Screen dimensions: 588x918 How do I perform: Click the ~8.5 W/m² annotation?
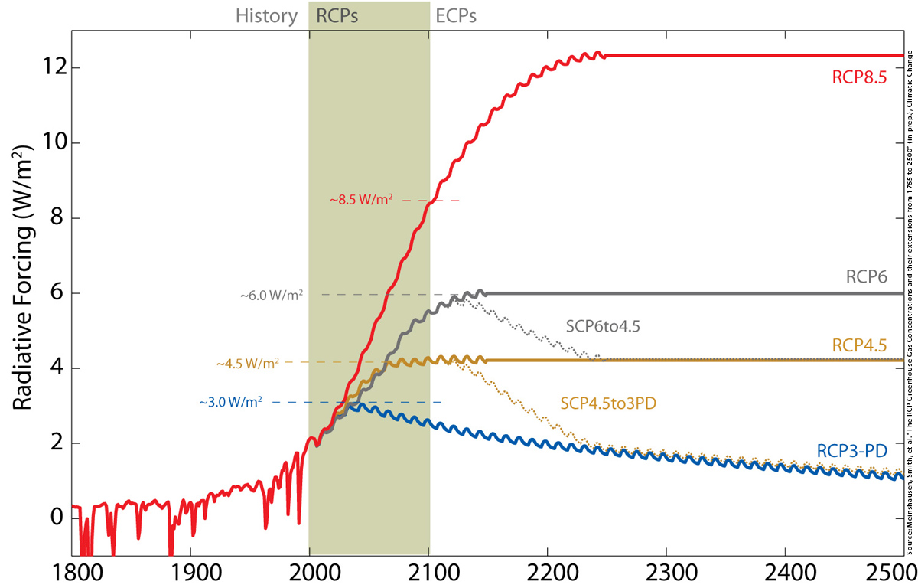362,200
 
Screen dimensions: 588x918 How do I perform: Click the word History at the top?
266,16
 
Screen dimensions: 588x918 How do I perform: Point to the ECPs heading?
456,16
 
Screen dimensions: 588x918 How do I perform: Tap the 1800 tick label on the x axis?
72,573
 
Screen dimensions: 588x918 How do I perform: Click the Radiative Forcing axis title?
26,292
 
